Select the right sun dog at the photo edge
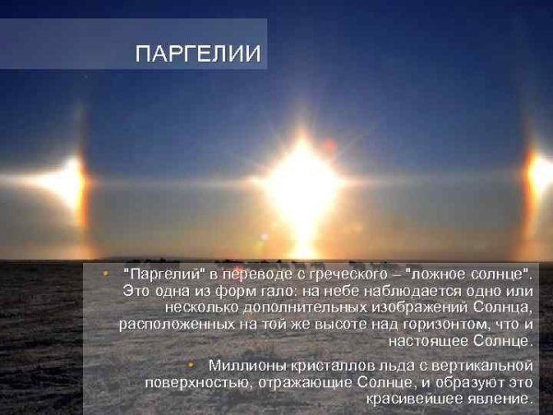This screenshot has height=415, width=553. click(x=541, y=174)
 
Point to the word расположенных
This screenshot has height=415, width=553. click(x=171, y=324)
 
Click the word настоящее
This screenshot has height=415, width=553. click(x=449, y=340)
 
